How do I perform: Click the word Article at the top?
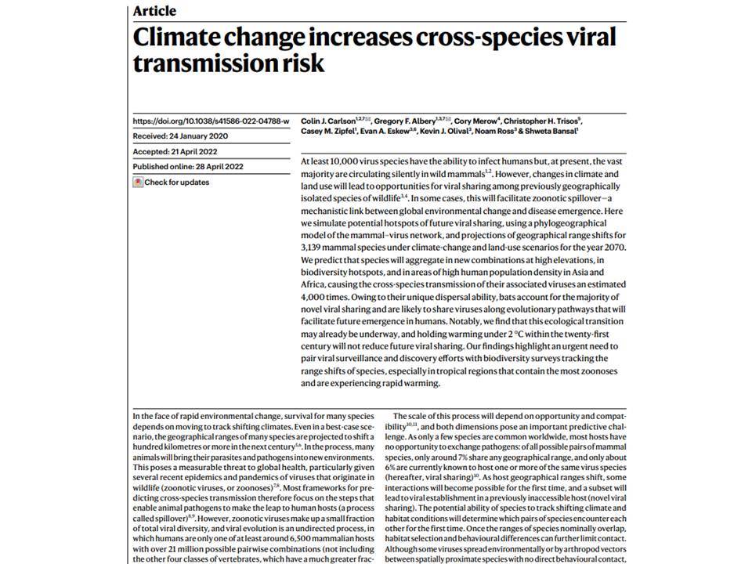[x=154, y=10]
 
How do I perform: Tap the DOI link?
[x=211, y=121]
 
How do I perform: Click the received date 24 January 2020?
[x=198, y=136]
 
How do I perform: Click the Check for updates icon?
[x=138, y=183]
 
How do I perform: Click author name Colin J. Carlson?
[x=328, y=121]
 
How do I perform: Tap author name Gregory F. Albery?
[x=405, y=121]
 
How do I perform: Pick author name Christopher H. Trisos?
[x=540, y=121]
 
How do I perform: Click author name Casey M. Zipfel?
[x=328, y=131]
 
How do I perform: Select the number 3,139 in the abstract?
[x=310, y=248]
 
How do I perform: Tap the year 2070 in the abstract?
[x=616, y=248]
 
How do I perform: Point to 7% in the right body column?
[x=460, y=457]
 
